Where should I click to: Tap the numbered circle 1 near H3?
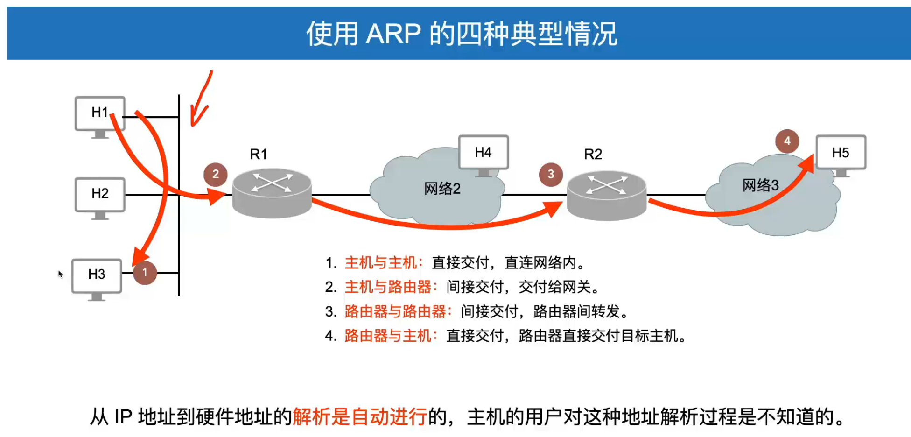click(x=145, y=273)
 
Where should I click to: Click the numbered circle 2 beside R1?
click(x=216, y=175)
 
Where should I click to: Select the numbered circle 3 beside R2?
click(x=551, y=175)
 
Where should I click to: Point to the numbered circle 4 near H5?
click(x=787, y=141)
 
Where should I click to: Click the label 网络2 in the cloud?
click(x=442, y=189)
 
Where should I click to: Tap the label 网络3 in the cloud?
click(x=760, y=185)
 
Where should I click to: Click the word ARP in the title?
click(x=393, y=34)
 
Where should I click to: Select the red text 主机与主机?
click(x=381, y=263)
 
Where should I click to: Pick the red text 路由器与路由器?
click(x=395, y=311)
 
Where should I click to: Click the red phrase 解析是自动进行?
click(x=360, y=416)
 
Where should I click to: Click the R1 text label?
click(x=259, y=154)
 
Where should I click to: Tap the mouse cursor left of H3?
click(x=60, y=274)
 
